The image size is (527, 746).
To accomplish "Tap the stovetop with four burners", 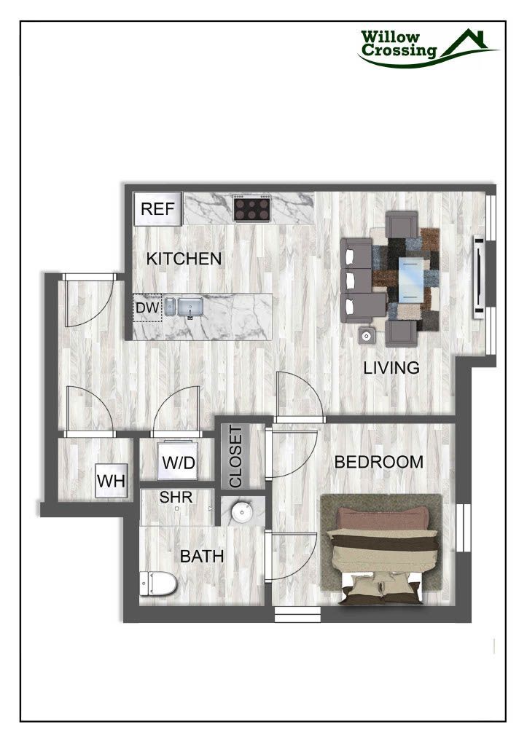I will pos(251,208).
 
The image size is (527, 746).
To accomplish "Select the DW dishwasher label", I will pos(147,309).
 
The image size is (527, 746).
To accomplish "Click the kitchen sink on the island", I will pos(190,307).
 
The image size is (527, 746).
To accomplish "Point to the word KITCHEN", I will pos(184,259).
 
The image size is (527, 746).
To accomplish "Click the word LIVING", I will pos(391,368).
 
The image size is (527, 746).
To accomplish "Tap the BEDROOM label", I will pos(378,462).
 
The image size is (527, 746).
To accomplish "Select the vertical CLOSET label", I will pos(235,458).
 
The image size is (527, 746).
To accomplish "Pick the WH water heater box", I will pos(111,482).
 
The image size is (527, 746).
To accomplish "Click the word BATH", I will pos(202,557).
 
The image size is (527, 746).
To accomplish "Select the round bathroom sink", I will pos(241,512).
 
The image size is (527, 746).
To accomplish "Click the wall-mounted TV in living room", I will pos(479,277).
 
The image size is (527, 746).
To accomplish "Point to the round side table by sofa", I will pos(366,336).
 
